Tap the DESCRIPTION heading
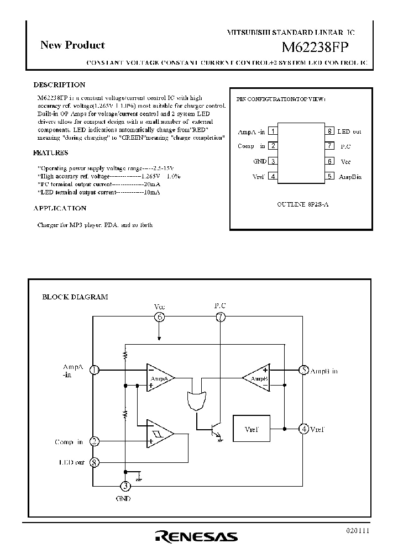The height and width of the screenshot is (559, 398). pyautogui.click(x=59, y=85)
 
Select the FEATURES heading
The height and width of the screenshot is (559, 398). pyautogui.click(x=51, y=152)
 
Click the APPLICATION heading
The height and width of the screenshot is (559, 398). pyautogui.click(x=60, y=209)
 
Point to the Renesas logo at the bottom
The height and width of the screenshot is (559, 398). pyautogui.click(x=196, y=536)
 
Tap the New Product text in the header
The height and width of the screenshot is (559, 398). pyautogui.click(x=72, y=45)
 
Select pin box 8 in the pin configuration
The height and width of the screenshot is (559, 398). pyautogui.click(x=329, y=131)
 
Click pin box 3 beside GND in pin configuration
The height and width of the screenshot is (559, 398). pyautogui.click(x=273, y=161)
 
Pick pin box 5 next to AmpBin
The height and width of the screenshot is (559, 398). pyautogui.click(x=329, y=177)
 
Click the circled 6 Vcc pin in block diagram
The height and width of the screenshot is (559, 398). pyautogui.click(x=159, y=317)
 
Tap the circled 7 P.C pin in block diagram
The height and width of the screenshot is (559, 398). pyautogui.click(x=221, y=317)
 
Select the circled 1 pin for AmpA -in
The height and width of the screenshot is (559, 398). pyautogui.click(x=95, y=370)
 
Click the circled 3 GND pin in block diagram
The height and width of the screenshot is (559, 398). pyautogui.click(x=125, y=486)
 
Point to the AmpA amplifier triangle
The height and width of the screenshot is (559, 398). pyautogui.click(x=159, y=378)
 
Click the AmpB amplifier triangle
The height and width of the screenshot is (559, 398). pyautogui.click(x=258, y=378)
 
